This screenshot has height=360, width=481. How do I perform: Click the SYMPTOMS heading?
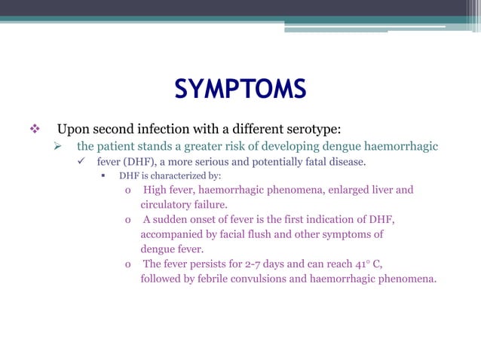240,90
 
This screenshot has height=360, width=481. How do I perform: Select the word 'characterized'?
173,176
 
